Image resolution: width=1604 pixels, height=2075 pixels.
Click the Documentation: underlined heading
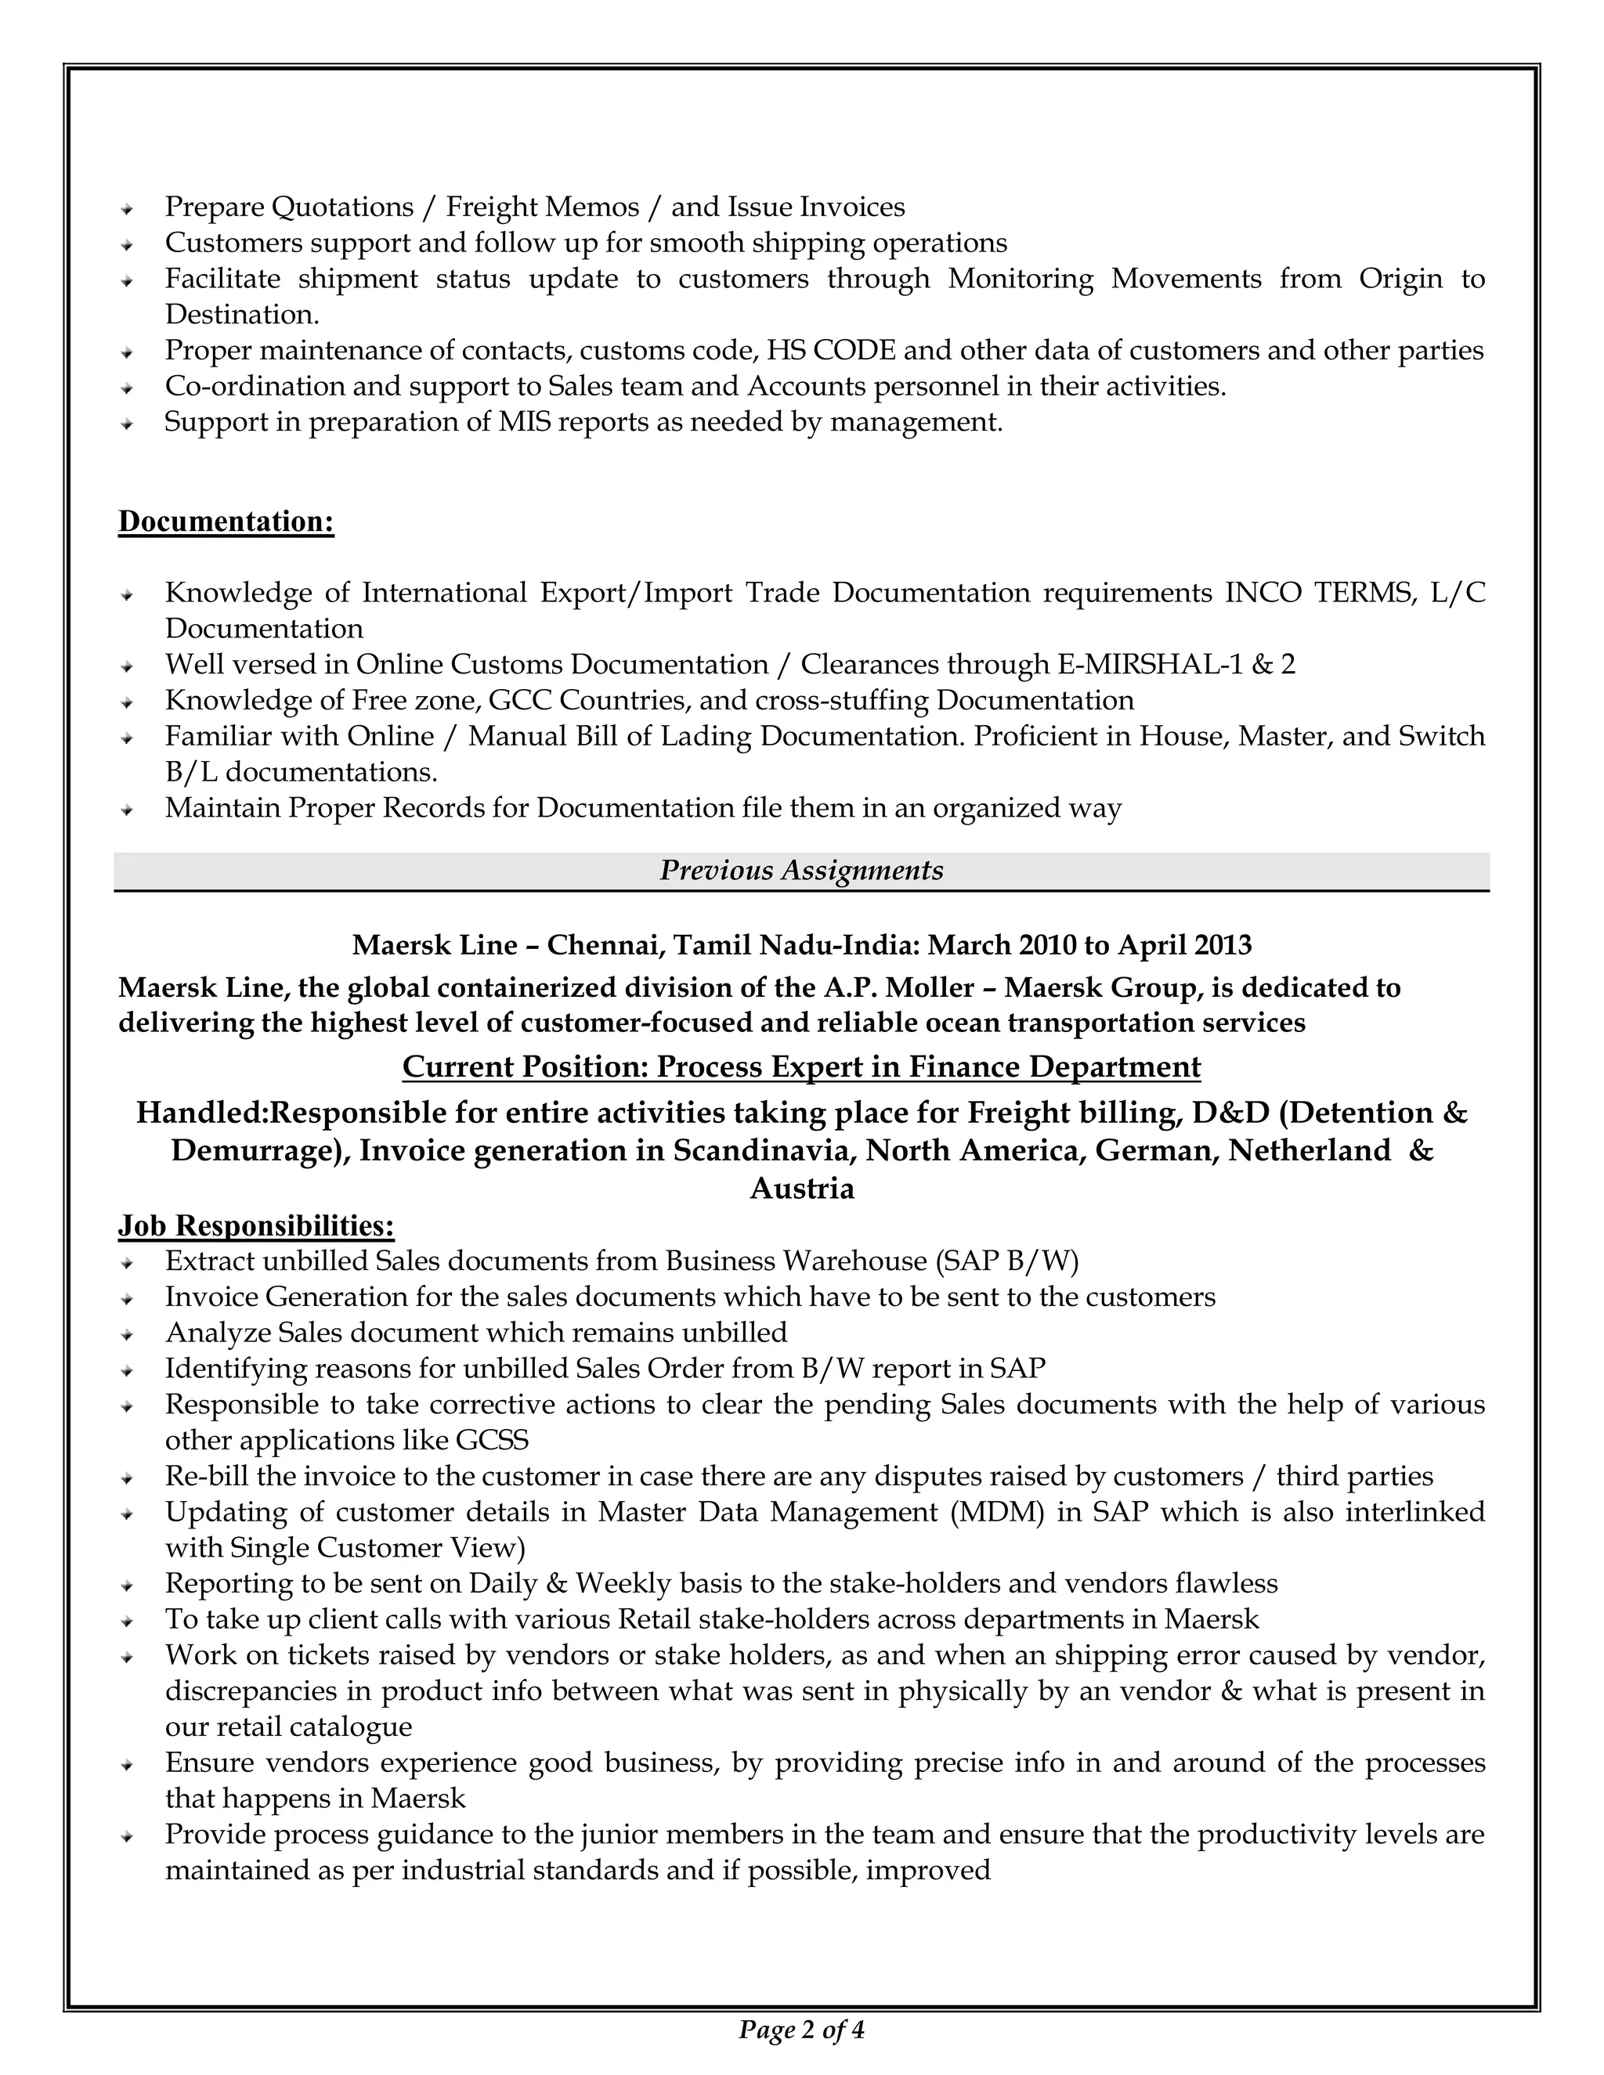pos(226,521)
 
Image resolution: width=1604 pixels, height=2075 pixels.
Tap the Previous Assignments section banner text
pos(801,870)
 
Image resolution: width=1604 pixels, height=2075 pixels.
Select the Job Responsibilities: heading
pos(255,1225)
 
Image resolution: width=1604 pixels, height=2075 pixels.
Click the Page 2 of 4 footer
pos(801,2030)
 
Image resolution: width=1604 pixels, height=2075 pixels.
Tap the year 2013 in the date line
pos(1223,944)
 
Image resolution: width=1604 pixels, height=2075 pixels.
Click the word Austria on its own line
pos(801,1189)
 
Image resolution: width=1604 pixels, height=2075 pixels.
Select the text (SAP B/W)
pos(1007,1261)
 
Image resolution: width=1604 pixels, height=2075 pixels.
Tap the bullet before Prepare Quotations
pos(125,208)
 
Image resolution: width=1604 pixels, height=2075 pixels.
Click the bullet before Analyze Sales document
pos(125,1334)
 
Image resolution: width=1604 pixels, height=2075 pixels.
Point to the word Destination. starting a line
pos(242,315)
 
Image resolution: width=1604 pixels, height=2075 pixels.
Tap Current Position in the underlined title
pos(525,1067)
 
